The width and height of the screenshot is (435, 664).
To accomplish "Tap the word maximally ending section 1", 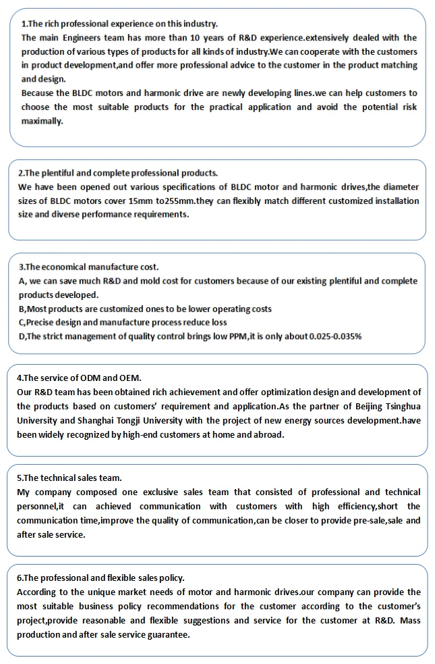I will tap(41, 121).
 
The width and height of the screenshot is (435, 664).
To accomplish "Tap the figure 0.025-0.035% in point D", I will tap(335, 336).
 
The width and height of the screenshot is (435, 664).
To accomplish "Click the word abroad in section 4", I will tap(268, 434).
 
